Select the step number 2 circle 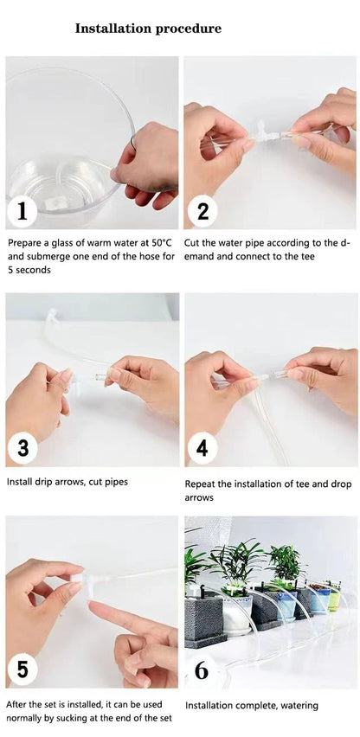click(202, 213)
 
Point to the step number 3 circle click(22, 448)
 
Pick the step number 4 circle click(202, 448)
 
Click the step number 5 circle click(22, 670)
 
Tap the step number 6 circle click(202, 670)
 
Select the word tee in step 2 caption click(307, 257)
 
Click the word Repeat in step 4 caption click(198, 484)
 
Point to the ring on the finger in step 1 click(133, 142)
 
